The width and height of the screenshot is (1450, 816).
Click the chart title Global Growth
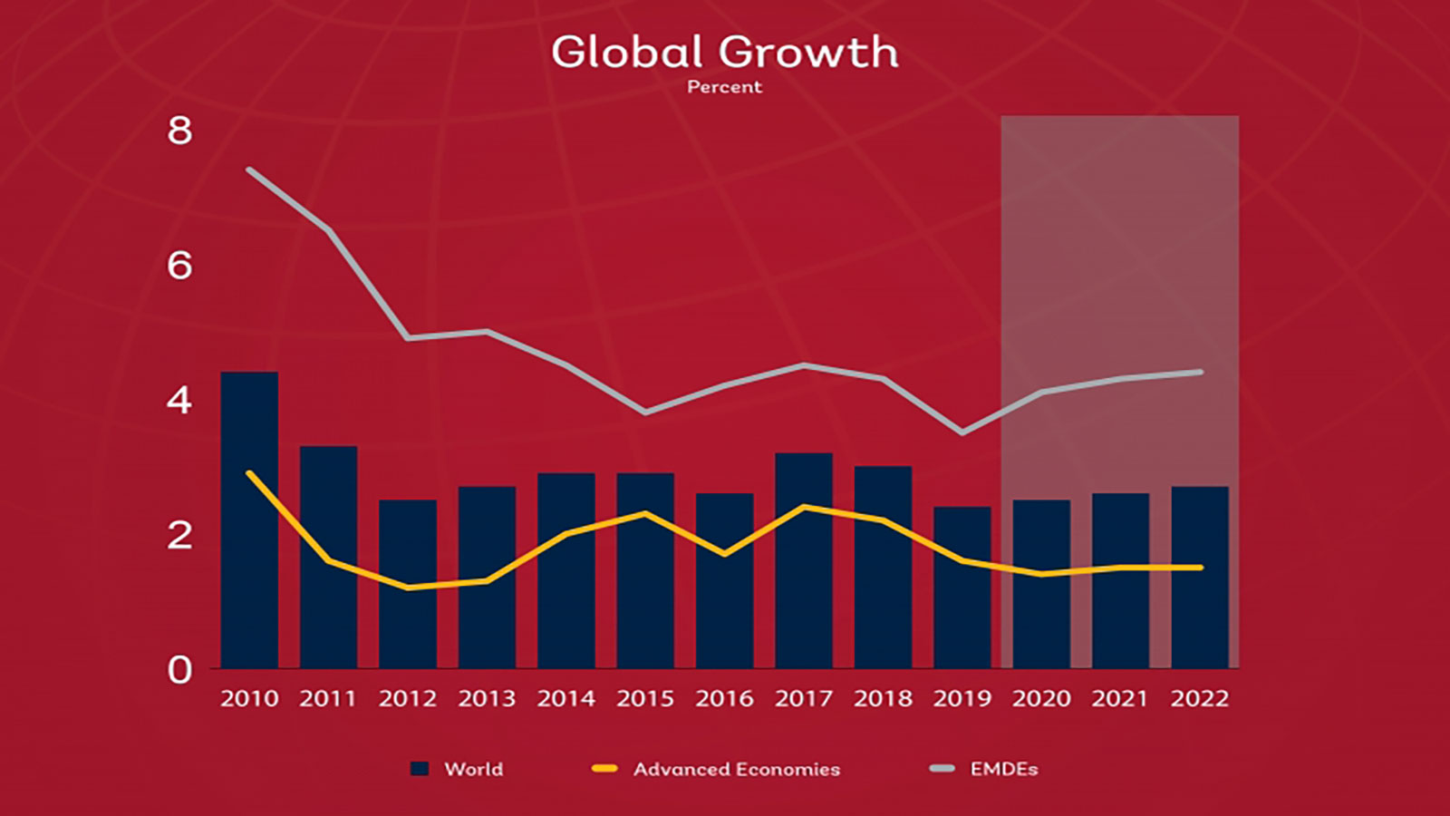(x=724, y=53)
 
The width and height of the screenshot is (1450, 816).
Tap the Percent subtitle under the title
(x=724, y=87)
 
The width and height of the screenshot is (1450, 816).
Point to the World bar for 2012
(x=408, y=584)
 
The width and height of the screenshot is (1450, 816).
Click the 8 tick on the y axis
(x=179, y=131)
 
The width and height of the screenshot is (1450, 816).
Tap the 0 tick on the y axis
(x=179, y=671)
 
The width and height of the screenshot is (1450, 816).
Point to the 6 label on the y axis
(x=179, y=266)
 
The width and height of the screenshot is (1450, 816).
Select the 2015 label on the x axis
(x=645, y=699)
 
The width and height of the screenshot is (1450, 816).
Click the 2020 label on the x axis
(x=1041, y=699)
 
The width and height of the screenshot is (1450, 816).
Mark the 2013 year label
(x=487, y=699)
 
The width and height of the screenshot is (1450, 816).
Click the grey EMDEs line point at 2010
(x=249, y=170)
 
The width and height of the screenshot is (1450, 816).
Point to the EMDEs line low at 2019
(x=962, y=432)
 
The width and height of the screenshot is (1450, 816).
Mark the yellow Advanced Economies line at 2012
(x=408, y=588)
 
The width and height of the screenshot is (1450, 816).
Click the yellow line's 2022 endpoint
(x=1200, y=568)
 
